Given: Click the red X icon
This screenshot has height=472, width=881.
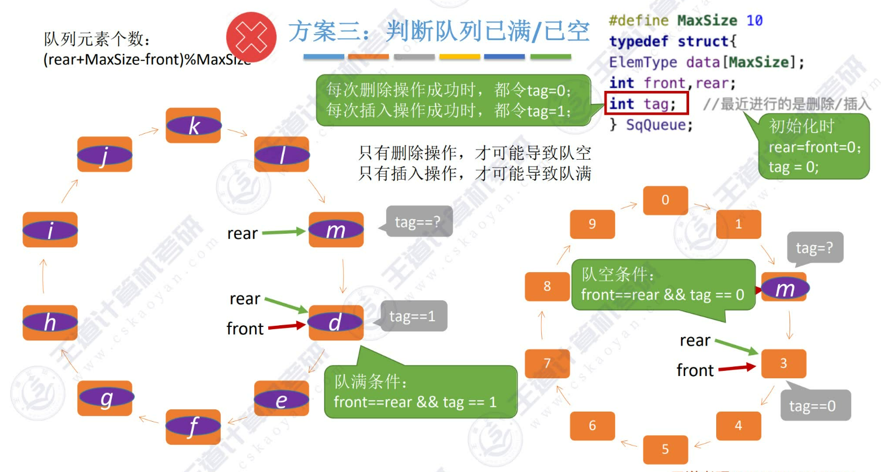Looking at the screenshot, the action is pyautogui.click(x=251, y=38).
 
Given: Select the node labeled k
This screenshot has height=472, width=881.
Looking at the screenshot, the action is pyautogui.click(x=193, y=126).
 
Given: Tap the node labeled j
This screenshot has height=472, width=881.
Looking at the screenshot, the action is pyautogui.click(x=104, y=154).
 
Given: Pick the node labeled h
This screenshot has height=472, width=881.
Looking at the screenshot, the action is pyautogui.click(x=50, y=322).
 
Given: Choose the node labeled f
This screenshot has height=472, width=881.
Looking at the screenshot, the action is pyautogui.click(x=193, y=426).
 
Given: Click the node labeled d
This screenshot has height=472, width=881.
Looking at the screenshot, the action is pyautogui.click(x=336, y=322).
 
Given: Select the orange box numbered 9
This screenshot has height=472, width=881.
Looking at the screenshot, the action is pyautogui.click(x=592, y=224).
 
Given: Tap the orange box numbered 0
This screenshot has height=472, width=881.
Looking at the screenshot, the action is pyautogui.click(x=665, y=200).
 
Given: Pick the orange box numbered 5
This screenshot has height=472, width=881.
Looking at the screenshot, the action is pyautogui.click(x=665, y=449).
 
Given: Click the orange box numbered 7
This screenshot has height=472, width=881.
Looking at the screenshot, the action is pyautogui.click(x=547, y=363).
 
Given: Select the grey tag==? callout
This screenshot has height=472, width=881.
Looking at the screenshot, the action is pyautogui.click(x=419, y=222).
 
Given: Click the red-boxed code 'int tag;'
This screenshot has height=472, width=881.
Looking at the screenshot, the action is pyautogui.click(x=646, y=104).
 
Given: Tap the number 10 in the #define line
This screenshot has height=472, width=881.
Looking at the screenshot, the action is pyautogui.click(x=755, y=21).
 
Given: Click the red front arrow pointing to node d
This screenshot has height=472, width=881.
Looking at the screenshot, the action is pyautogui.click(x=287, y=326).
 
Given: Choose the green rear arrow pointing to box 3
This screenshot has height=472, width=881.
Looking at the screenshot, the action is pyautogui.click(x=736, y=346).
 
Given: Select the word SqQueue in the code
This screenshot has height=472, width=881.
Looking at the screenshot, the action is pyautogui.click(x=659, y=125).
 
